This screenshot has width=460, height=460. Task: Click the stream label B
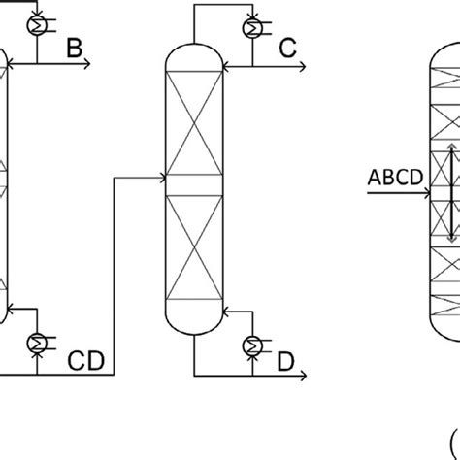(x=74, y=49)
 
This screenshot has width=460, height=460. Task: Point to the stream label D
(x=286, y=363)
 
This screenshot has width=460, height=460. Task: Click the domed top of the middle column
(x=194, y=52)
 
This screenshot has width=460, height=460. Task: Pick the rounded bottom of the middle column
(x=194, y=326)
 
